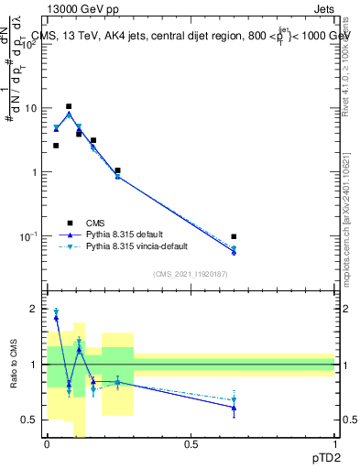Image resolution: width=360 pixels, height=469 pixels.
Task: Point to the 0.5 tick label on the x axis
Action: pos(191,444)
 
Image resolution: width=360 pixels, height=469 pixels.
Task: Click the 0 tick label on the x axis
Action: pos(47,444)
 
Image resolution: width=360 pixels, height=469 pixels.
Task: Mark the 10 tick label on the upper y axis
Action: pos(30,108)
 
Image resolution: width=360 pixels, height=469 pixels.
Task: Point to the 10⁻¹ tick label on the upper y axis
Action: pos(28,235)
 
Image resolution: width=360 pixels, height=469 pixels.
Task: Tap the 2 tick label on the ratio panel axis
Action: pos(35,309)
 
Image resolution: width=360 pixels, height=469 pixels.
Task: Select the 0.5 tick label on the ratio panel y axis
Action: pos(30,420)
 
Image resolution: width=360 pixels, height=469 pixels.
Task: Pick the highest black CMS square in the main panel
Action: pos(69,106)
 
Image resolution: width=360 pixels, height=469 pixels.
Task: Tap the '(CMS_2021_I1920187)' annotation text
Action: pos(190,274)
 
